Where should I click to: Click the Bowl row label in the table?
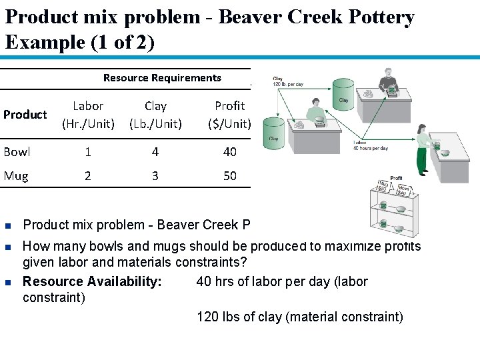click(x=17, y=152)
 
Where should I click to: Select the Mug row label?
click(x=16, y=176)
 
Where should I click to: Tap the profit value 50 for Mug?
click(x=230, y=176)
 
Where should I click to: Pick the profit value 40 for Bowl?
click(x=230, y=152)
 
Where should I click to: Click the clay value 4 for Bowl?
click(x=155, y=152)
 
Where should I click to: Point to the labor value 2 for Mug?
click(x=88, y=176)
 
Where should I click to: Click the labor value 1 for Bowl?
click(x=88, y=152)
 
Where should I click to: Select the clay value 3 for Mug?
click(x=155, y=176)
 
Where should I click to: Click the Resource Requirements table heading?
click(x=162, y=78)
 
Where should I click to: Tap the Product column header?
click(x=25, y=115)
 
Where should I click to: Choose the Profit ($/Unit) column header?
click(x=229, y=115)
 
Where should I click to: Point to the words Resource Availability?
click(x=92, y=281)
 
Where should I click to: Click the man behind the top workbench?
click(x=391, y=83)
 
